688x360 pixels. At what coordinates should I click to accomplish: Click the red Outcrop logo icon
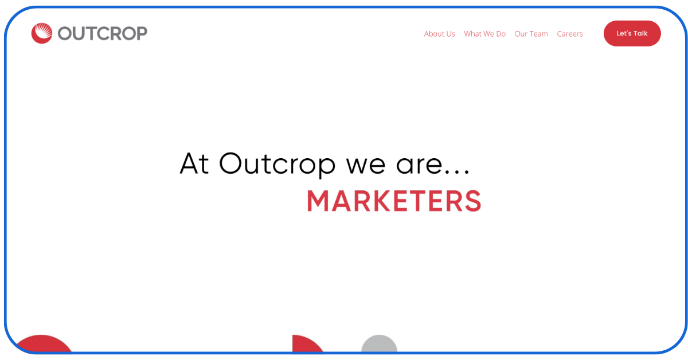[x=41, y=33]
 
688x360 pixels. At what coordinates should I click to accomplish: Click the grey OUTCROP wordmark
[x=103, y=33]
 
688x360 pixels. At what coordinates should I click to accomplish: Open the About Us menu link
[x=439, y=34]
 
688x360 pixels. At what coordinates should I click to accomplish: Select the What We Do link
[x=484, y=34]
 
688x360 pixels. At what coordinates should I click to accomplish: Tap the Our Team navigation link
[x=531, y=34]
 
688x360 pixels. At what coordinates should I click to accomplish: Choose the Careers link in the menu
[x=569, y=34]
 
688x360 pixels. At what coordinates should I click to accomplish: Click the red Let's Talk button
[x=632, y=33]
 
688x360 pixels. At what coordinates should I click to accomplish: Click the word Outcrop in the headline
[x=277, y=164]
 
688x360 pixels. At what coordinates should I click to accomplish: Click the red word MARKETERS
[x=394, y=201]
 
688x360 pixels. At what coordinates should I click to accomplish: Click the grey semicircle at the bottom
[x=379, y=344]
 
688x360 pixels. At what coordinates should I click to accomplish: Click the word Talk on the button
[x=640, y=33]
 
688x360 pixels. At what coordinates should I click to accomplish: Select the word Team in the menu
[x=539, y=34]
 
